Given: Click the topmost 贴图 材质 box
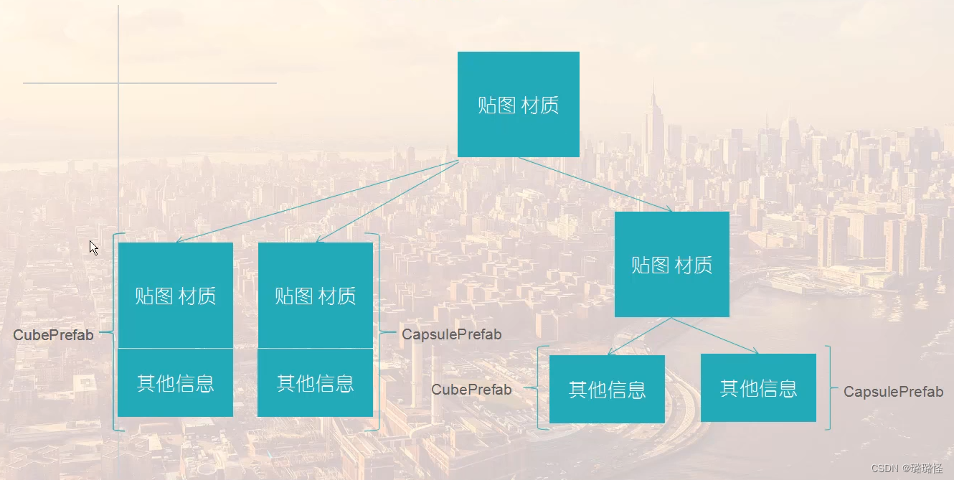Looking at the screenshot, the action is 518,104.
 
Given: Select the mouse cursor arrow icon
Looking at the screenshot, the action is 93,248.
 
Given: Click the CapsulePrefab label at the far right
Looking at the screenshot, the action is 893,392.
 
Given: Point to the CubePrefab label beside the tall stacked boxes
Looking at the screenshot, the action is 53,335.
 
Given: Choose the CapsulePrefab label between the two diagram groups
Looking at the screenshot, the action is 451,334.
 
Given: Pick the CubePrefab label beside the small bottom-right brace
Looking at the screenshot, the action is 471,390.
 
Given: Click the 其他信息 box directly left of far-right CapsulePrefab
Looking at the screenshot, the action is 758,387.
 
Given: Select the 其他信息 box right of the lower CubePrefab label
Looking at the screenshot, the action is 607,389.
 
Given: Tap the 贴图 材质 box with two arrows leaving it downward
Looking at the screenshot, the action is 671,264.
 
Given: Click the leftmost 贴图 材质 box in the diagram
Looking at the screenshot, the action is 175,295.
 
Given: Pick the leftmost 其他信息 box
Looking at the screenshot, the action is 175,382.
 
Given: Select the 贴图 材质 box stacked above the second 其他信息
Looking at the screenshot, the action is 315,295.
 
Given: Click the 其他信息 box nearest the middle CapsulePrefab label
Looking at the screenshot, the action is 315,382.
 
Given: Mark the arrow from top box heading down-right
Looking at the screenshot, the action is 595,184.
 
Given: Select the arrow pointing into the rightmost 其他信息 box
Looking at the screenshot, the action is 717,336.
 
